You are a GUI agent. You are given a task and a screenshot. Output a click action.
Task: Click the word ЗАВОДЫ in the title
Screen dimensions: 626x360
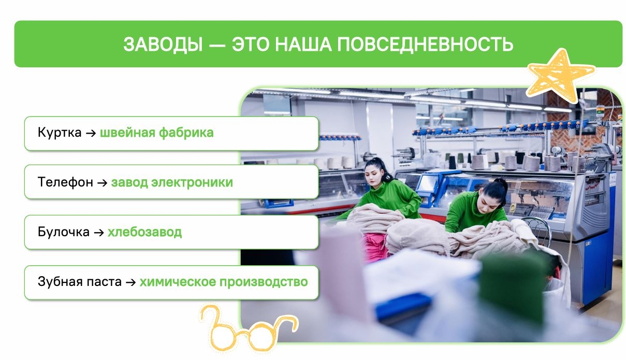coord(163,45)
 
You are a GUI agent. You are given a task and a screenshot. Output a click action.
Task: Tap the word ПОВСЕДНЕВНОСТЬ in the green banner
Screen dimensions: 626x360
coord(425,44)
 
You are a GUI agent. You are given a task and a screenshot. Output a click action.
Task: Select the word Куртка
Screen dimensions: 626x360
coord(60,132)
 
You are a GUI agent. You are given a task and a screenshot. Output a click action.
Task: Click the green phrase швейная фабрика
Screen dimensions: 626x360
coord(156,133)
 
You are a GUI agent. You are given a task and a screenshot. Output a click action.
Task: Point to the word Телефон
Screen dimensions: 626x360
coord(65,182)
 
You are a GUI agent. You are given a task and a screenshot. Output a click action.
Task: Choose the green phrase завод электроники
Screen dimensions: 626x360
coord(172,182)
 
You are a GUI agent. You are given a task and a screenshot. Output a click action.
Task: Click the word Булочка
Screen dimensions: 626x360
coord(64,232)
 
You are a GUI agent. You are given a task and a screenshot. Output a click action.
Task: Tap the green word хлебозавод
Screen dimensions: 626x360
coord(144,232)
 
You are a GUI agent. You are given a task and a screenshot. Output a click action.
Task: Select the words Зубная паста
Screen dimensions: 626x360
coord(80,281)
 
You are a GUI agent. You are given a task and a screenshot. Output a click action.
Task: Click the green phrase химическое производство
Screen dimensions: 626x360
coord(224,282)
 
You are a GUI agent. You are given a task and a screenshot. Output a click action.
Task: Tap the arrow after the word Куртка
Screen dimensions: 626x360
coord(91,133)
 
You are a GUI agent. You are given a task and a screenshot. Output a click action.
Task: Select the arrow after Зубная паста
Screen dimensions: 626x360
coord(131,282)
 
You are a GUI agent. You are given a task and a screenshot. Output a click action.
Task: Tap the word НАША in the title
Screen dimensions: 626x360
coord(304,44)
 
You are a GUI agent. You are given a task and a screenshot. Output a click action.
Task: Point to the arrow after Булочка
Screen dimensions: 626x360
coord(99,233)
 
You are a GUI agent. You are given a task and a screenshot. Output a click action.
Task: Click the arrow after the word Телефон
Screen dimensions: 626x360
coord(103,183)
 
